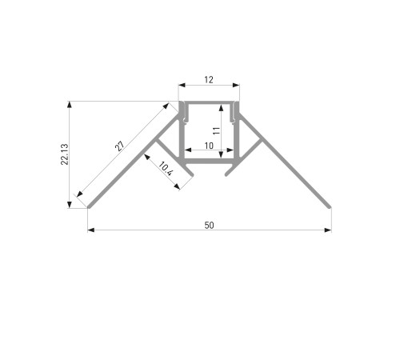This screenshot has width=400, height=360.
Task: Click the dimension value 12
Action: point(209,80)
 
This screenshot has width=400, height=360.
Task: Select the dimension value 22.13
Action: point(65,154)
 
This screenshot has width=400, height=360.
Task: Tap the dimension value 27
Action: point(119,146)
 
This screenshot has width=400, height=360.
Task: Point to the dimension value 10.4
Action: point(166,169)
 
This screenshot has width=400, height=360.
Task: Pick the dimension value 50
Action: point(209,226)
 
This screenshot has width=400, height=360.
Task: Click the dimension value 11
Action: point(217,130)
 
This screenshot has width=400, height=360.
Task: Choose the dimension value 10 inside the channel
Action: point(209,146)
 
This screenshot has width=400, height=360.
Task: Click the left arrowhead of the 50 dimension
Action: point(91,230)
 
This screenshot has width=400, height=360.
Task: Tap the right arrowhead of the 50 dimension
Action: point(328,230)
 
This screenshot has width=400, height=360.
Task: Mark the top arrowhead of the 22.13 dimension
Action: point(70,105)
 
